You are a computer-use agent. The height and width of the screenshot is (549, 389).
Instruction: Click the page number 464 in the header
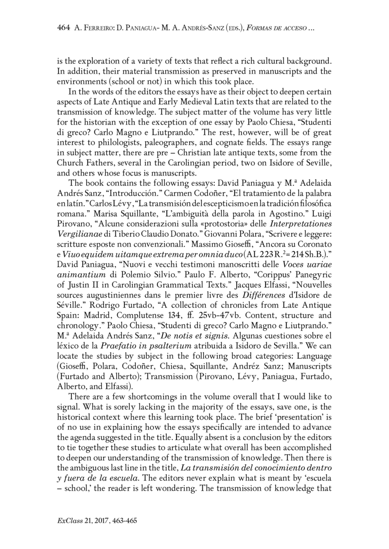64,29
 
